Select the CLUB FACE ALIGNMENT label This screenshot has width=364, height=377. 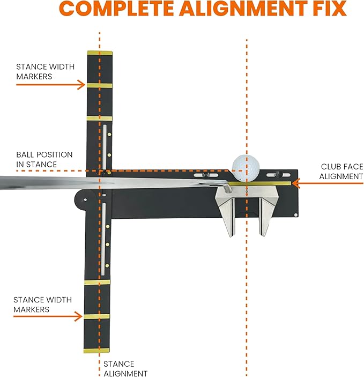tap(341, 172)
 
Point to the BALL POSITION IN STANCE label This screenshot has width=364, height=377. tap(44, 159)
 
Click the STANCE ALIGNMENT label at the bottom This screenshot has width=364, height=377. tap(125, 368)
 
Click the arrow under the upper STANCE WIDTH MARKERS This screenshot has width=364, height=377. tap(50, 85)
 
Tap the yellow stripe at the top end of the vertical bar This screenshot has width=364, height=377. tap(100, 53)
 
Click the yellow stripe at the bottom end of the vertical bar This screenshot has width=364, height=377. tap(97, 350)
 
